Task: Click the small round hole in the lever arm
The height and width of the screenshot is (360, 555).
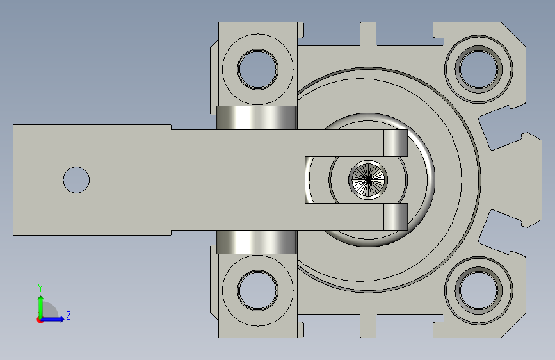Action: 76,180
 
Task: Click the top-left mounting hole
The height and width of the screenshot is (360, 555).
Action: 258,69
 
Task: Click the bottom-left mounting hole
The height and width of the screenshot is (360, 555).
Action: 258,291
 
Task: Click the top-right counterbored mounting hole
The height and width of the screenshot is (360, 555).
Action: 479,69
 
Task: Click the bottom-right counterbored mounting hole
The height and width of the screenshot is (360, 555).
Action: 479,291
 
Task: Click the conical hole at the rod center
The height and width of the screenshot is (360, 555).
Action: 368,180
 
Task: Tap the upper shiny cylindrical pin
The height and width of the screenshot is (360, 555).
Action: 257,118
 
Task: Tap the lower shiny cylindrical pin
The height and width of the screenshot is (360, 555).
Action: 257,242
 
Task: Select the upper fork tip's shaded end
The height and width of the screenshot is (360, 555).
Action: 396,143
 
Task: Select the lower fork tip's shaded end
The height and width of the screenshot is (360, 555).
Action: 396,217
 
